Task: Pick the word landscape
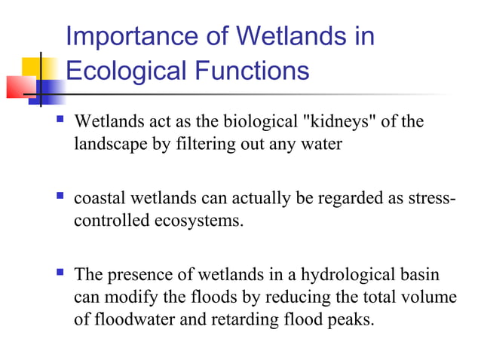point(111,144)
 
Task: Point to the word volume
point(428,297)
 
